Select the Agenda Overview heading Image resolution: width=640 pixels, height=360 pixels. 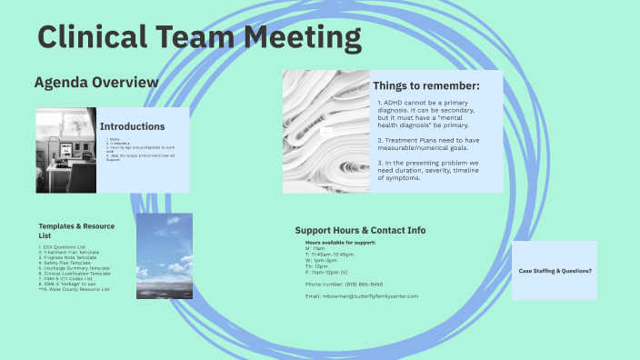(95, 83)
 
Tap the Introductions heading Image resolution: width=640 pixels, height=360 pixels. (133, 126)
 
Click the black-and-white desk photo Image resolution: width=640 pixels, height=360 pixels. (65, 149)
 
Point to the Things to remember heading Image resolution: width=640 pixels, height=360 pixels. (426, 85)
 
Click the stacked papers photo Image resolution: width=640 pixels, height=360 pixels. (325, 132)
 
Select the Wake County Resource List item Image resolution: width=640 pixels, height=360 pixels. (75, 289)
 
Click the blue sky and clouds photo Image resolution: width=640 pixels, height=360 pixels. (165, 255)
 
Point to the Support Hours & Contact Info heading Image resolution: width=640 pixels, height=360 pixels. (361, 231)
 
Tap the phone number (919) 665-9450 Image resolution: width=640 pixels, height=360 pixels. (344, 285)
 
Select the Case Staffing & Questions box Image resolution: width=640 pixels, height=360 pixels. (555, 271)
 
